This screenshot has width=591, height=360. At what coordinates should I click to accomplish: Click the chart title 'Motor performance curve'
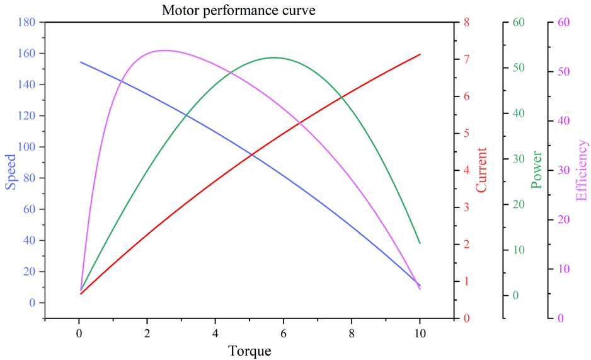click(238, 10)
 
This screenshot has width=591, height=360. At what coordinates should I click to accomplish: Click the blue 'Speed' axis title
click(11, 171)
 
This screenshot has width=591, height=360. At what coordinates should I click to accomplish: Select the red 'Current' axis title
click(482, 170)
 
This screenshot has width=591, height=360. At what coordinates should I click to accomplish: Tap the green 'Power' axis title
click(536, 170)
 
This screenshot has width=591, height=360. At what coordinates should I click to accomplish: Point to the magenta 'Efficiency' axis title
click(582, 170)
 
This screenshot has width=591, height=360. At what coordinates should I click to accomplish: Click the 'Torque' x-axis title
click(250, 351)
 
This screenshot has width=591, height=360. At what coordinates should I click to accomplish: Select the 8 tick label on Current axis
click(467, 23)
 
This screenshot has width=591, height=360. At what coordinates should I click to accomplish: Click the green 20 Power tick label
click(519, 204)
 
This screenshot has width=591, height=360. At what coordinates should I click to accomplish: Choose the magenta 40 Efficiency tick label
click(563, 121)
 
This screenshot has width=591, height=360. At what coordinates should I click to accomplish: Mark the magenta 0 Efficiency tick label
click(559, 318)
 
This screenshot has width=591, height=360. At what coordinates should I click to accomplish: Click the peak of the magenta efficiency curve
click(164, 50)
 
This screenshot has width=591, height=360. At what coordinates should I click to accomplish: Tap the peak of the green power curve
click(274, 58)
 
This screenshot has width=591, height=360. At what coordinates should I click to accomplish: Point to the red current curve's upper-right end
click(420, 54)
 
